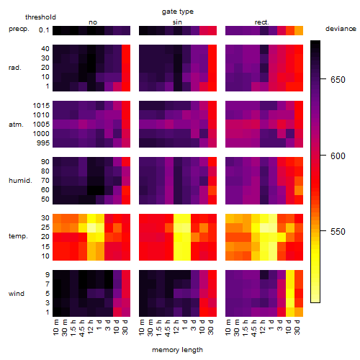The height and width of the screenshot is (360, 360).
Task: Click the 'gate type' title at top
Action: (x=178, y=12)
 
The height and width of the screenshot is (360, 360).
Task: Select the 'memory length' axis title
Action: (x=177, y=350)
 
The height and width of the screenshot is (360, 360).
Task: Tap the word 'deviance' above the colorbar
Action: (x=341, y=29)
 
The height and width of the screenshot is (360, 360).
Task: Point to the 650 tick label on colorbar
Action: (x=338, y=80)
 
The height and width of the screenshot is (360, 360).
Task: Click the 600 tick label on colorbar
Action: (x=338, y=156)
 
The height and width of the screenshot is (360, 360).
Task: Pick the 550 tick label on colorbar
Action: (x=338, y=232)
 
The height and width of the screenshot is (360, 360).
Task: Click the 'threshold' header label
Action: (x=40, y=17)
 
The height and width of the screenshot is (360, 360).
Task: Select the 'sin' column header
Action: (x=177, y=22)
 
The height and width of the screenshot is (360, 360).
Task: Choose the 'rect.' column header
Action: (x=262, y=22)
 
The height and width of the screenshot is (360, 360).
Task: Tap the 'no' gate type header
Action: (x=93, y=22)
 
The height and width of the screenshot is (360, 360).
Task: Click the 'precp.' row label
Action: (x=19, y=29)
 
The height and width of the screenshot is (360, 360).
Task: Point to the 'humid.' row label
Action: (x=20, y=181)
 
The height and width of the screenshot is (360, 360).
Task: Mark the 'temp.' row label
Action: (x=18, y=236)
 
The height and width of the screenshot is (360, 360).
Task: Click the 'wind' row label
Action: (x=17, y=294)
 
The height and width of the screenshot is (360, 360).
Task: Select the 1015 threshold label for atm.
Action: (x=41, y=106)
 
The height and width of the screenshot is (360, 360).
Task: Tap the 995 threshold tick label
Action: (x=43, y=143)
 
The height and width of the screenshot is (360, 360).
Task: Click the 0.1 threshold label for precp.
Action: (x=44, y=30)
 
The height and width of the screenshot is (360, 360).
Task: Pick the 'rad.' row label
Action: (x=15, y=68)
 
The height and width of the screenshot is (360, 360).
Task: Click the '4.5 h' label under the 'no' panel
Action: (x=82, y=328)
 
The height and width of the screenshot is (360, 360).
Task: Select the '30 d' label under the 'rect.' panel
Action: (x=297, y=328)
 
